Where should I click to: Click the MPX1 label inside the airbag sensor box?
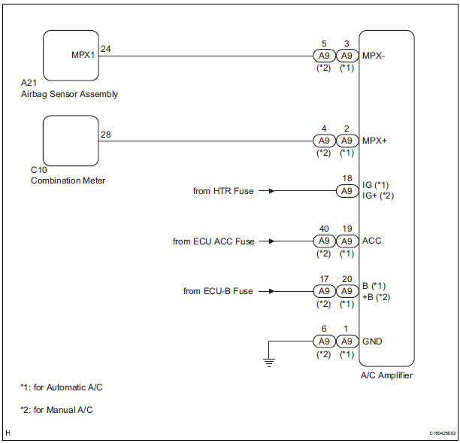[x=83, y=56]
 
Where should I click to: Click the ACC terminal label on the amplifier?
[x=372, y=241]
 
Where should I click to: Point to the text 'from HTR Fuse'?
[x=223, y=191]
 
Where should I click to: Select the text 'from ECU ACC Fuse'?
[x=213, y=241]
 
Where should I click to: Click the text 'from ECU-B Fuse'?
[x=218, y=291]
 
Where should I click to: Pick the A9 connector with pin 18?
[x=347, y=191]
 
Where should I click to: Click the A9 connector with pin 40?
[x=323, y=241]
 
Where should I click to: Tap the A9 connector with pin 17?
[x=323, y=291]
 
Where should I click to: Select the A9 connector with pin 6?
[x=323, y=341]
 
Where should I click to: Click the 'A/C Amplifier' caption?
[x=387, y=375]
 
